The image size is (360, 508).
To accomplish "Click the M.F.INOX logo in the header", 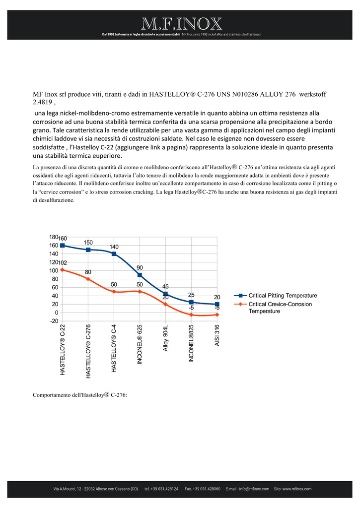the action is [182, 24].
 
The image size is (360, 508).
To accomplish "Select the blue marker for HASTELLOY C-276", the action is [88, 250].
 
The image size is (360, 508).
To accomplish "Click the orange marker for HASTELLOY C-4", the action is [114, 292].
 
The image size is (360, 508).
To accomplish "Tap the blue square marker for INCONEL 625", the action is [140, 275].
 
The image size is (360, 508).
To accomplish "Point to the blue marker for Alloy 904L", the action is [165, 294].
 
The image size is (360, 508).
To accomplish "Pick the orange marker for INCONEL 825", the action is [191, 315].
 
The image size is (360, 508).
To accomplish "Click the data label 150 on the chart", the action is [88, 242].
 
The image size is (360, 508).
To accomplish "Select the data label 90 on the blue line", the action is [140, 267].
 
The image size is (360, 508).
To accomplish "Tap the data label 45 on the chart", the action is [165, 286].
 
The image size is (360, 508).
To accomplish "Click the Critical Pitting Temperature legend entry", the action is [276, 296].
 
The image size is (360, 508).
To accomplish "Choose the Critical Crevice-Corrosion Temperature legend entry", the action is [273, 308].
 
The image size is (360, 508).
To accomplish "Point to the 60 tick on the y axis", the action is [55, 287].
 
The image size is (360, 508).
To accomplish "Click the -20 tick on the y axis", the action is [54, 321].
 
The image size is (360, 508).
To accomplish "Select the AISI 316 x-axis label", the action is [217, 335].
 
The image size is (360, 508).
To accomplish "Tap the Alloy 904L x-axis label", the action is [165, 338].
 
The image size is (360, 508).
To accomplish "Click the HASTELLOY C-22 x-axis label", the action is [62, 350].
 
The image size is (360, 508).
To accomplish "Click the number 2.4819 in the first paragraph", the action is [42, 102].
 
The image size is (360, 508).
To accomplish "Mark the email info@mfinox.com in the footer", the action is [254, 489].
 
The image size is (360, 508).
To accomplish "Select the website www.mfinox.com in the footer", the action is [297, 489].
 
